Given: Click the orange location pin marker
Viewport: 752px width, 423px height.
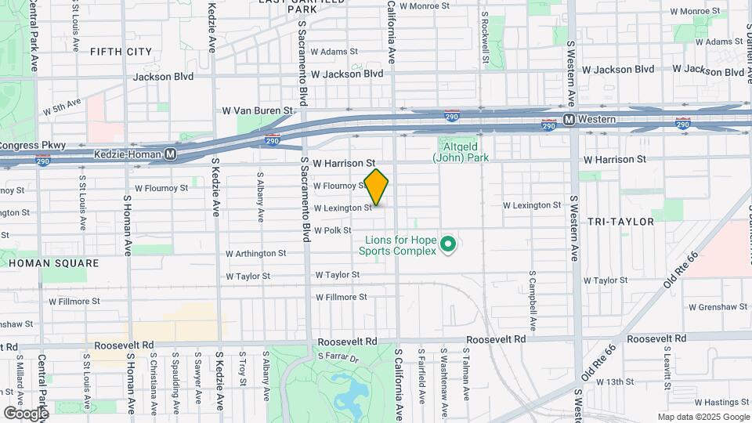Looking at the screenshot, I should click(377, 186).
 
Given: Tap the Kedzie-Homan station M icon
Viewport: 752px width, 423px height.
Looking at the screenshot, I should click(170, 157).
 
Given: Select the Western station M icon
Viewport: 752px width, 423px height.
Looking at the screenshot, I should click(569, 120).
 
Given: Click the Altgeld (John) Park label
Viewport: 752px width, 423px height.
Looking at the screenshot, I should click(460, 152).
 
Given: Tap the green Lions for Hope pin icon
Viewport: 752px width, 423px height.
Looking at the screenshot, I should click(449, 245).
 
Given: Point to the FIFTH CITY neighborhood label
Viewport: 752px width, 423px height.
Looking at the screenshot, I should click(121, 52).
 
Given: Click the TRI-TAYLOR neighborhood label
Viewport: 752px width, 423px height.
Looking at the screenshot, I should click(621, 222).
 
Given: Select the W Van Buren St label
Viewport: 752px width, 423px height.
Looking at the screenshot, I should click(257, 111).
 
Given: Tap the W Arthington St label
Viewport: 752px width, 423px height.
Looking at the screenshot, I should click(255, 254).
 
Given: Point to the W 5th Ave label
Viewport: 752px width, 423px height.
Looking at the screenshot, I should click(62, 107).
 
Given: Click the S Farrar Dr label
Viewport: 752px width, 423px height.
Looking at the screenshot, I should click(338, 358).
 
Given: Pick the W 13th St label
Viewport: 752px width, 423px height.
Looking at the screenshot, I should click(614, 381).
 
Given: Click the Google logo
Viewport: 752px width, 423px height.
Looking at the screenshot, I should click(26, 413).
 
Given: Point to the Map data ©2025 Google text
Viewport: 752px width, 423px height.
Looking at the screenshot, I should click(703, 417).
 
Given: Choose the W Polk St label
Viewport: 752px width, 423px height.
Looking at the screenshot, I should click(332, 230).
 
